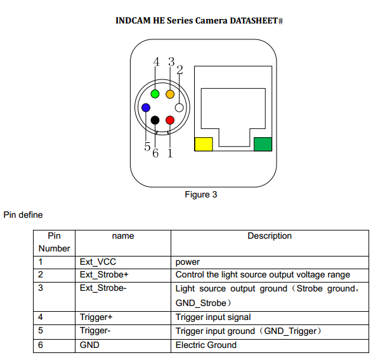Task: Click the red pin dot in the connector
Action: point(170,120)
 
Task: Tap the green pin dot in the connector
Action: point(155,95)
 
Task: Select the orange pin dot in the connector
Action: point(170,95)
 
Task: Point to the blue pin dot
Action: point(146,107)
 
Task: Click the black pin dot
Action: point(155,120)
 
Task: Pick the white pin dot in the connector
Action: point(180,107)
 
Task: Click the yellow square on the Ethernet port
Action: point(203,144)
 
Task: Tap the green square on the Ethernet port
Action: point(262,144)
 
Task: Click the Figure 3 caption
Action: point(200,194)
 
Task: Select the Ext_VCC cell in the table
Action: point(98,262)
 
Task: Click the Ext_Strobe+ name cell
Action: point(104,275)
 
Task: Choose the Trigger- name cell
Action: point(96,331)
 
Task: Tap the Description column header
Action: point(270,236)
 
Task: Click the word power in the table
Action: point(187,262)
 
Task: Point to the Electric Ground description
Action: point(206,345)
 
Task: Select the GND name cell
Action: point(89,345)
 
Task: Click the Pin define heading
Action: point(23,215)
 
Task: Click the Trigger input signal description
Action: point(212,317)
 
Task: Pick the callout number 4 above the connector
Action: point(157,62)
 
